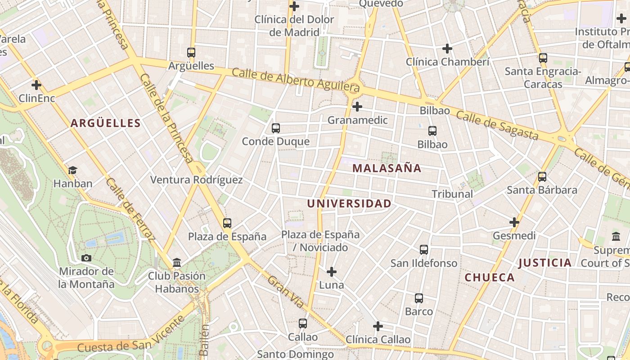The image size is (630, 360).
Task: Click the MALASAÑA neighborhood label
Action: point(387,168)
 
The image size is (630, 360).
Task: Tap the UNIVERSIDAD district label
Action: point(349,203)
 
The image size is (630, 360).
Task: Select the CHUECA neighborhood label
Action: point(490,277)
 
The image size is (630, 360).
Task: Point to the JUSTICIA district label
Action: point(544,263)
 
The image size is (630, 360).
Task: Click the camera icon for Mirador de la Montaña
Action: point(86,258)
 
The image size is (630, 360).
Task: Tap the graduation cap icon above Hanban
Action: point(72,170)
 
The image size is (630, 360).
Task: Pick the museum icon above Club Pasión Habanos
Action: point(177,262)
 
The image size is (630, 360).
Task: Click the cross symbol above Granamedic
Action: point(357,107)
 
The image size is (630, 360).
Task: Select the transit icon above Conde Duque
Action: point(276,128)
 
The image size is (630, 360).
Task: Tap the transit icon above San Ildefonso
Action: point(424,250)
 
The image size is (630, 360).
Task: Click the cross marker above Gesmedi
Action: point(514,222)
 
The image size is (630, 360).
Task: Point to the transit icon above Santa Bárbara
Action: point(542,177)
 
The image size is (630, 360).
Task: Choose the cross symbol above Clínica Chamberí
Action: point(447,48)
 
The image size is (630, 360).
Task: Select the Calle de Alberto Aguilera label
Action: point(296,78)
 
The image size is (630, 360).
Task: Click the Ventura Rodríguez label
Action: point(196,180)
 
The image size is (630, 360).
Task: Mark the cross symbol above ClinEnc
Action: point(36,85)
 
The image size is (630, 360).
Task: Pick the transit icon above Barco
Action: point(419,298)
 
